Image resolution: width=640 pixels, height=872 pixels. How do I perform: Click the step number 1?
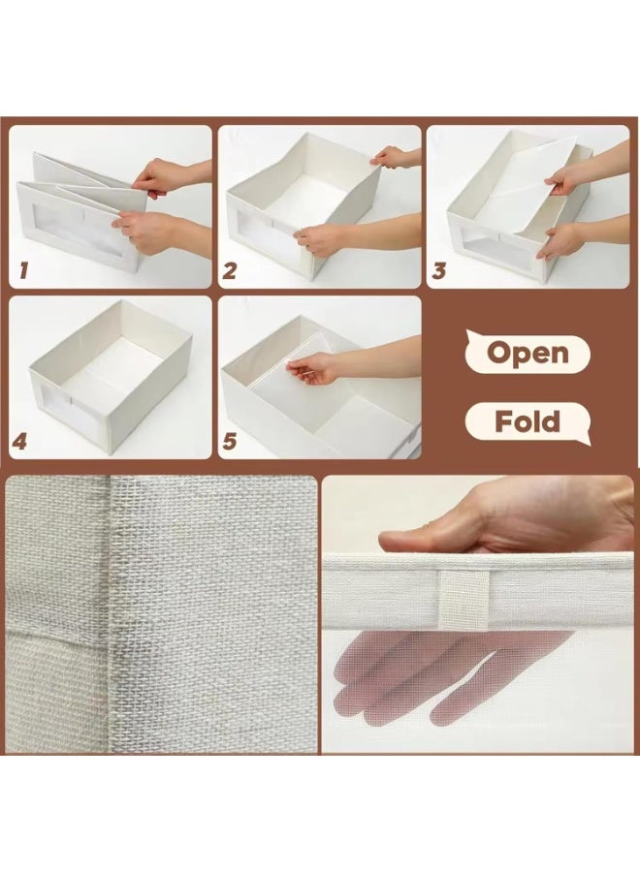[23, 271]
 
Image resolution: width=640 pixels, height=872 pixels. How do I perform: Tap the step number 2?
[230, 271]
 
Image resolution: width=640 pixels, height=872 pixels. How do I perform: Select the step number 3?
[438, 271]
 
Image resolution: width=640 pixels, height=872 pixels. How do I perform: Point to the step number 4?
[20, 442]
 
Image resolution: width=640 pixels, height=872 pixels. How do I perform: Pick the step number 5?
[230, 442]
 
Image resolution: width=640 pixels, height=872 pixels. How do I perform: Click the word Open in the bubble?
[528, 353]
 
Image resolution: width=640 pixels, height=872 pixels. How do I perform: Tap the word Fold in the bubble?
[528, 421]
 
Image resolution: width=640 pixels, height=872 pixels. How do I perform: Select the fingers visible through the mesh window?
[439, 675]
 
